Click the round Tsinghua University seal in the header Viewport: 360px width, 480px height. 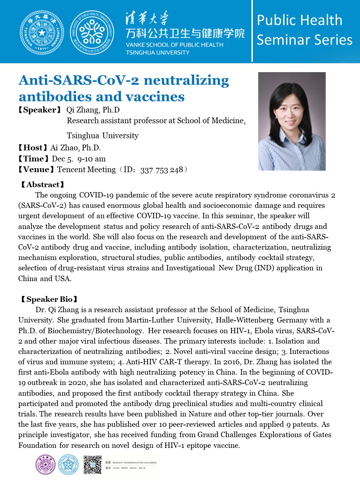(x=42, y=32)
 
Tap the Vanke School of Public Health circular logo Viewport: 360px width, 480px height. (x=92, y=32)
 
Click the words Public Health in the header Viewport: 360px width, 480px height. (x=299, y=20)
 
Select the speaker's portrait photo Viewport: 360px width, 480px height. (x=292, y=121)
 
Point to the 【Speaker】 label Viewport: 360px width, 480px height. (x=40, y=110)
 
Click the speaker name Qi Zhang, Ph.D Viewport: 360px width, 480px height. (x=93, y=110)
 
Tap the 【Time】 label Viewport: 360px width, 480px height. (x=34, y=159)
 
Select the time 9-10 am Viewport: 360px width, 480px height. (x=91, y=159)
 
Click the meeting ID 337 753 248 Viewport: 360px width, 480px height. (x=161, y=170)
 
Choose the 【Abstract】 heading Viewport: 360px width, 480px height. (x=42, y=185)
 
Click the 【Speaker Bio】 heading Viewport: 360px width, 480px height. (x=49, y=299)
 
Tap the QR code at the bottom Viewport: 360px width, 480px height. (x=92, y=465)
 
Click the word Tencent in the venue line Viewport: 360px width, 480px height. (x=70, y=170)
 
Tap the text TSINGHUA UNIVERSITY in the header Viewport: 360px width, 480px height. (x=157, y=52)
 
